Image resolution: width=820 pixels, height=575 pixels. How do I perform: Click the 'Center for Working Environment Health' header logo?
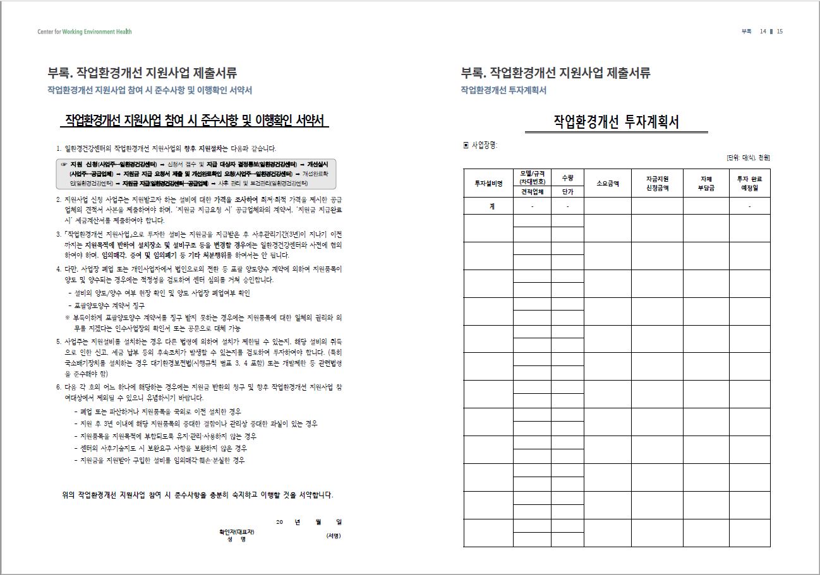click(x=85, y=32)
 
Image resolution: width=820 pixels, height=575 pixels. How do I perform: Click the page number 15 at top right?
click(x=780, y=32)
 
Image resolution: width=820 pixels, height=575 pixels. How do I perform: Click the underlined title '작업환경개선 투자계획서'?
click(x=616, y=122)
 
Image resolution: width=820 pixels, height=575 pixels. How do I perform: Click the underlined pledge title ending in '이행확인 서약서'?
click(x=195, y=120)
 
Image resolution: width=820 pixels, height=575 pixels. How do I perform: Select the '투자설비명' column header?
click(x=488, y=184)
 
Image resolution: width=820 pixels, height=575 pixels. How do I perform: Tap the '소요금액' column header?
click(x=607, y=184)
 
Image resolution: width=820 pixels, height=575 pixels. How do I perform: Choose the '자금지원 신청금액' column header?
click(x=657, y=184)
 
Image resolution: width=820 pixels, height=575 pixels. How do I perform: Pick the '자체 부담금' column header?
click(x=706, y=184)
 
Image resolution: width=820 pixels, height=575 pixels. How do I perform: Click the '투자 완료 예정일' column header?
click(x=749, y=184)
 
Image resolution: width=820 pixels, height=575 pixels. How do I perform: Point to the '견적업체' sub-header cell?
click(x=532, y=191)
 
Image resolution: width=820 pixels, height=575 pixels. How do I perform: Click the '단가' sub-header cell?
click(x=567, y=191)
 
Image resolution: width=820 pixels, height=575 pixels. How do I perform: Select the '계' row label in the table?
click(x=488, y=206)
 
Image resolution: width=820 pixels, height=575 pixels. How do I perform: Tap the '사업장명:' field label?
click(x=485, y=145)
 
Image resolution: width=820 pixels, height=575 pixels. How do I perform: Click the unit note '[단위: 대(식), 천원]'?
click(x=748, y=158)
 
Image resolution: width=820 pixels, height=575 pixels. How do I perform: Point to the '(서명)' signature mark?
click(x=333, y=536)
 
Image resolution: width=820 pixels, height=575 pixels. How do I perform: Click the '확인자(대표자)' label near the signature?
click(x=237, y=531)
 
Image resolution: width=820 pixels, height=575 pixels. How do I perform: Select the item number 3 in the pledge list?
click(x=58, y=234)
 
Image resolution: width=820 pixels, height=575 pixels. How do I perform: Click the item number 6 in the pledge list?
click(x=58, y=387)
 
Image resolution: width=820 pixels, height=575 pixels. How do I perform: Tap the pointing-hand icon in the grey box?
click(x=64, y=164)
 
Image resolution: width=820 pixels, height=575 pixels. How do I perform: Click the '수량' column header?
click(x=567, y=178)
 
